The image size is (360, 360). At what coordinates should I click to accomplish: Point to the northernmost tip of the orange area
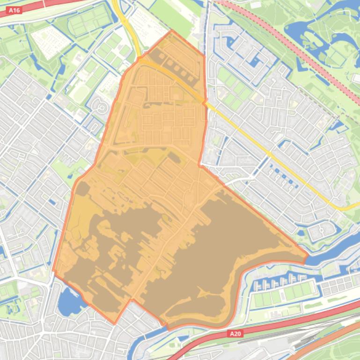[x=172, y=31]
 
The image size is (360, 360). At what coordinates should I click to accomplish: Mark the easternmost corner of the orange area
[x=308, y=255]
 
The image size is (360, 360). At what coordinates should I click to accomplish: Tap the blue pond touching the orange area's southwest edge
[x=69, y=299]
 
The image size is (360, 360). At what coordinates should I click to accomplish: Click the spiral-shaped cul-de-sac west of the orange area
[x=100, y=107]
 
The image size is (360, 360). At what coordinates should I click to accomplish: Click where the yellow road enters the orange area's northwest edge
[x=139, y=59]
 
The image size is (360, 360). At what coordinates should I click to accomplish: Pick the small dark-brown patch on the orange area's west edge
[x=83, y=189]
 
